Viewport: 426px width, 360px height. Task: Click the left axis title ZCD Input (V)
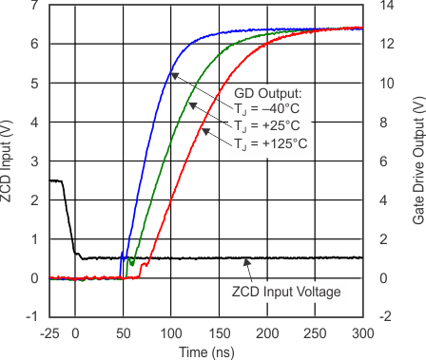coord(9,161)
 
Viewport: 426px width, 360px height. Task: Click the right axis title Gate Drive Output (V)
coord(417,161)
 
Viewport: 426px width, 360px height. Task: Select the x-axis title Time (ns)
coord(205,351)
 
